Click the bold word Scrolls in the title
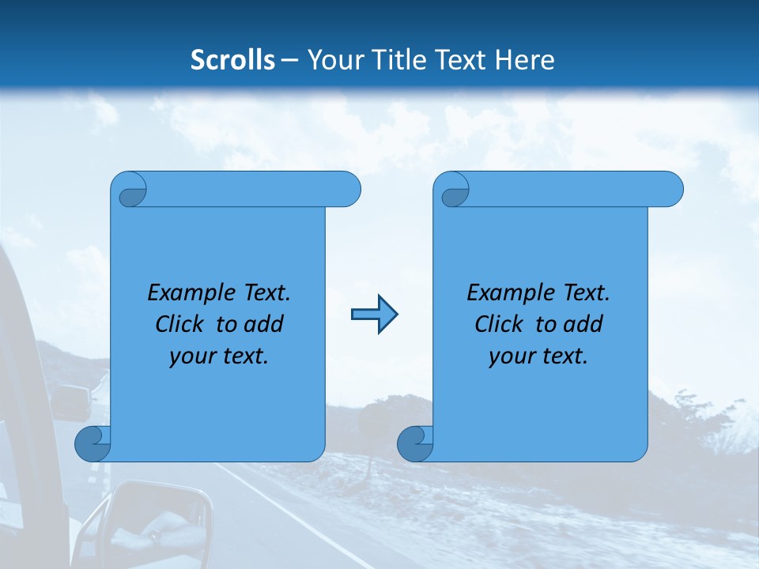233,60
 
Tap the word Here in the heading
524,60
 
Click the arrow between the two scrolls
374,315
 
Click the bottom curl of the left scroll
92,443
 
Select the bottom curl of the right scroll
414,443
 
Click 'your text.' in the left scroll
219,356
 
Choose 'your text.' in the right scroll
538,356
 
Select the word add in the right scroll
583,325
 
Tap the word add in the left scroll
263,325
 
